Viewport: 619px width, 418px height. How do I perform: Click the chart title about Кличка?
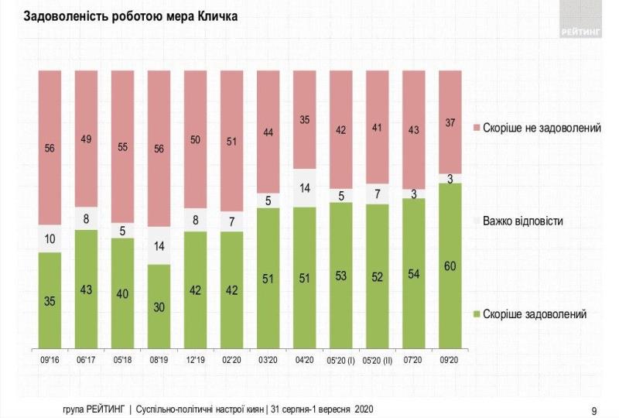click(131, 16)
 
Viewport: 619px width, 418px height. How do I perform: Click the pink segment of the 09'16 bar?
click(50, 147)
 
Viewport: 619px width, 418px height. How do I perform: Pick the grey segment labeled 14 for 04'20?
click(305, 187)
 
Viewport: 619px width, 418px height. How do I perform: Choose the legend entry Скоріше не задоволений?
click(542, 127)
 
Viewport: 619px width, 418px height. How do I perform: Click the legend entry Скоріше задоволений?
click(535, 313)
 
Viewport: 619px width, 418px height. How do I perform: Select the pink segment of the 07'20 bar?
click(414, 128)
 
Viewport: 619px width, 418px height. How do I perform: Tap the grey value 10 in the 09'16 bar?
click(50, 238)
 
